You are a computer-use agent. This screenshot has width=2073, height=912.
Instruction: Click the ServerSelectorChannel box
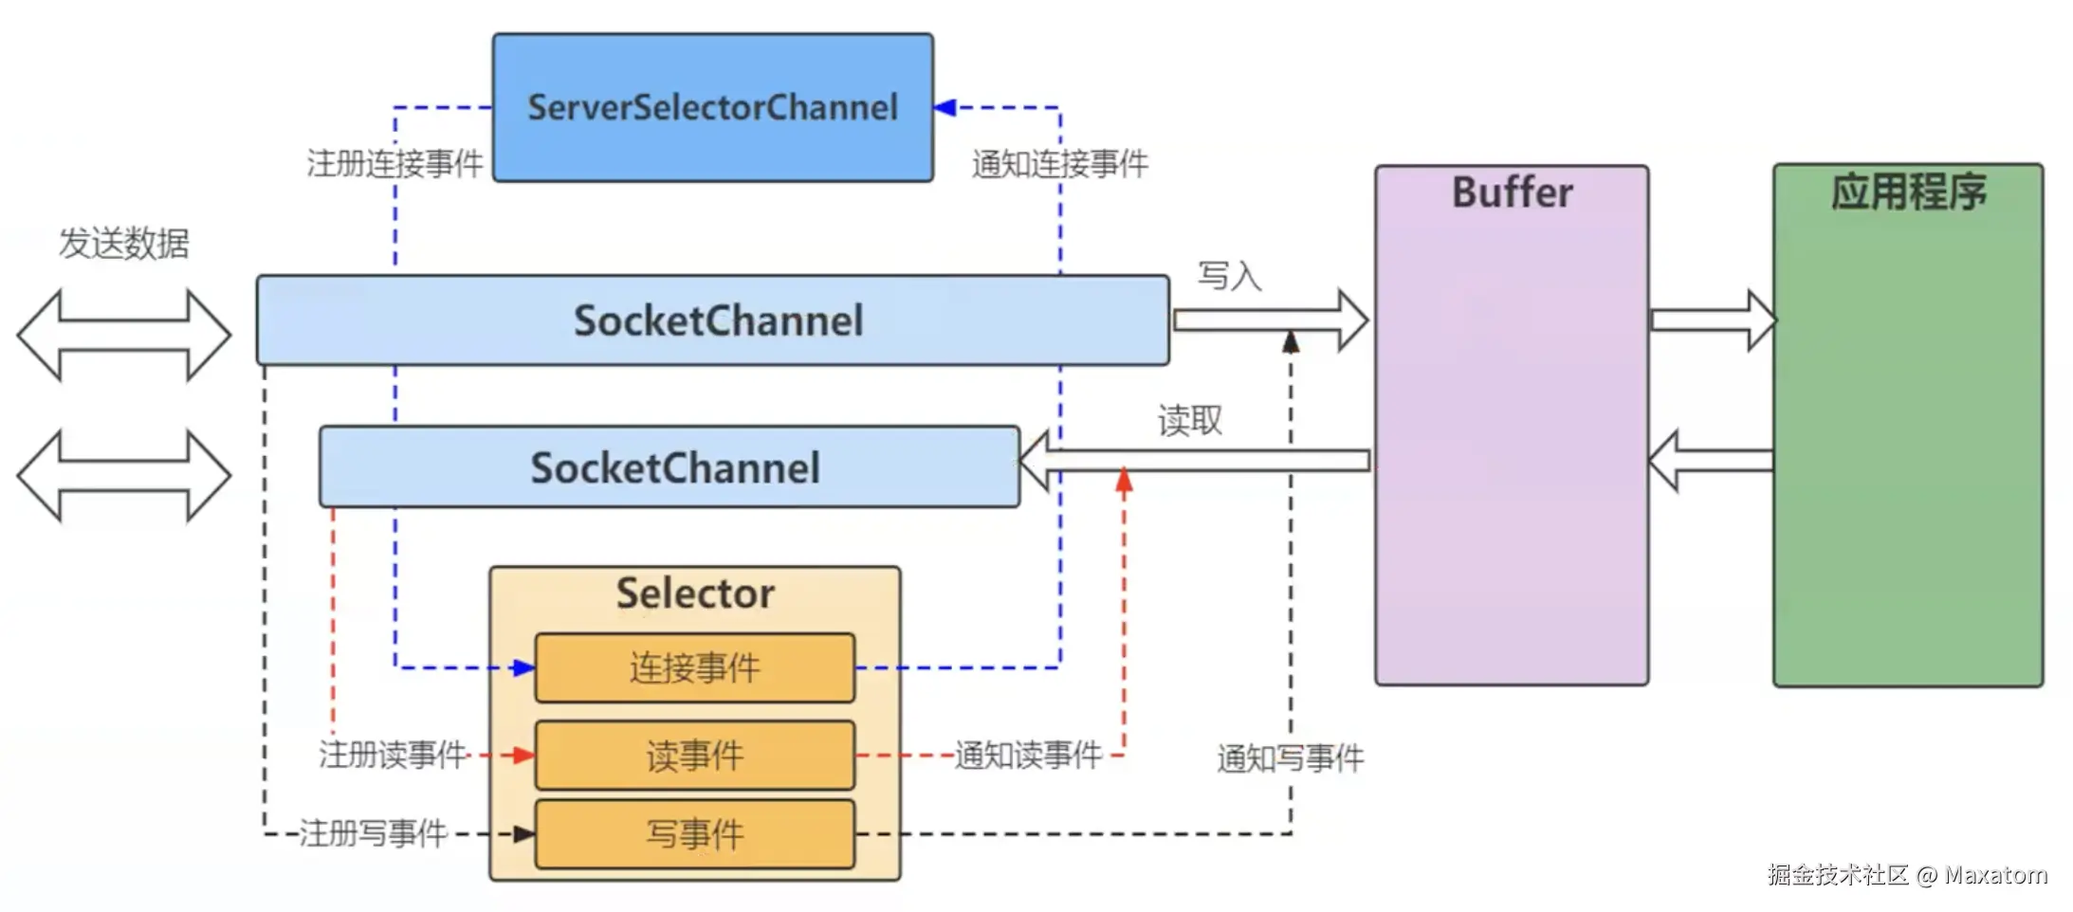click(712, 107)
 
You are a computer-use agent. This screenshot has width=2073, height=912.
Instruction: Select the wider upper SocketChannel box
click(712, 320)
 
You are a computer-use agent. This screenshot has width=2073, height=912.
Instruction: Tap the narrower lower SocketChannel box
click(670, 467)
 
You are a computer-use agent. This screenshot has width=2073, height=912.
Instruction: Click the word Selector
click(695, 593)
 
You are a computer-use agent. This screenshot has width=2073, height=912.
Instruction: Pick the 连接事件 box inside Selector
click(695, 668)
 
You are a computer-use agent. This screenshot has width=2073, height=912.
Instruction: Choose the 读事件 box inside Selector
click(695, 756)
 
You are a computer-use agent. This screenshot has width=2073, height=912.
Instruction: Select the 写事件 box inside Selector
click(695, 834)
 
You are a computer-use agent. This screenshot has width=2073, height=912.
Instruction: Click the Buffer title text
click(1512, 192)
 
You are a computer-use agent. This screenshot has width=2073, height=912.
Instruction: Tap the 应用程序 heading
click(1908, 192)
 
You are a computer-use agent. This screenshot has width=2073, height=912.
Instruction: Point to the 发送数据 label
click(124, 244)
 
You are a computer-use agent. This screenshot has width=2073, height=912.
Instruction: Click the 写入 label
click(1229, 276)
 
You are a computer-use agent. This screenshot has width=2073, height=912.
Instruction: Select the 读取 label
click(1190, 420)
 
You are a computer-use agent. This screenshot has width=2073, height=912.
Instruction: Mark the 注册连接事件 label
click(394, 164)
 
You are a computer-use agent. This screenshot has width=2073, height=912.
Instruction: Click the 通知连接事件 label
click(1060, 164)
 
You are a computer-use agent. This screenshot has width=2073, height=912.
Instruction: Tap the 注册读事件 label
click(393, 755)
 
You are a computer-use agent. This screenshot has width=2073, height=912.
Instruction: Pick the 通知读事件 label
click(1028, 755)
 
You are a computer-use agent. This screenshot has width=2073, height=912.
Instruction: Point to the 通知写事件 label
click(1290, 758)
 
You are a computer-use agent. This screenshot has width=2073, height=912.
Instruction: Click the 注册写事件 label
click(373, 833)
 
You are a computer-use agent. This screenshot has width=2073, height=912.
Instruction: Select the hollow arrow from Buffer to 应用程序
click(1713, 320)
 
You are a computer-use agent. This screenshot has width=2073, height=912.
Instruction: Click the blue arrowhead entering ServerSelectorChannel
click(945, 108)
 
